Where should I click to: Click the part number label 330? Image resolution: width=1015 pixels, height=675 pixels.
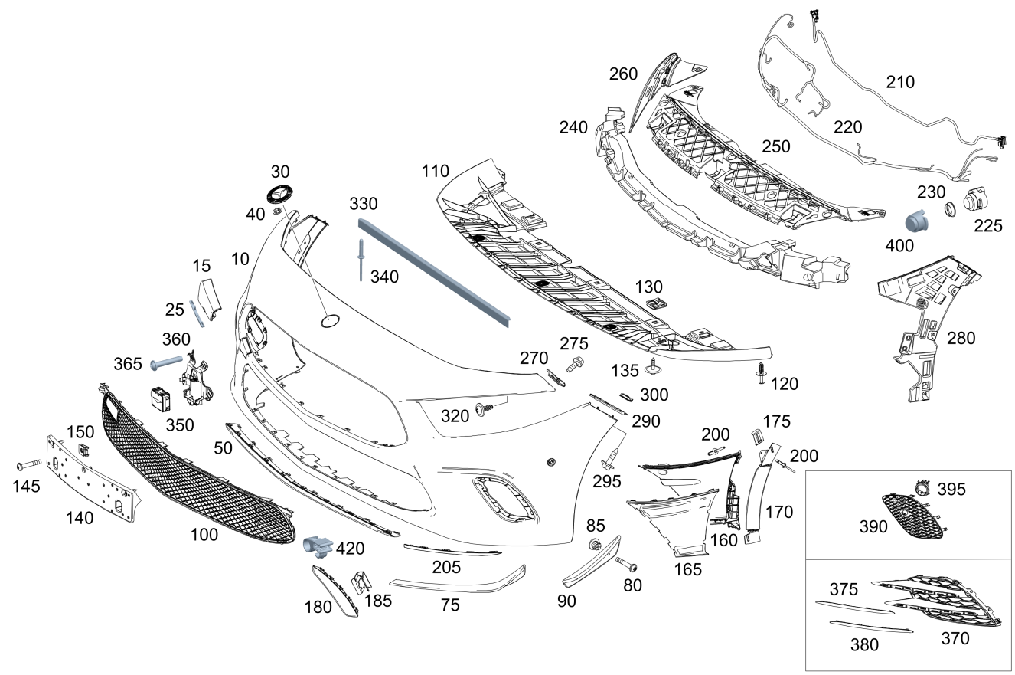[x=364, y=204]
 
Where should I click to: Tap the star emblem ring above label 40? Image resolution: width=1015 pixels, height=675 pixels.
[x=280, y=193]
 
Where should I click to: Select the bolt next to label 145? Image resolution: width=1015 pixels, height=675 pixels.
[x=28, y=465]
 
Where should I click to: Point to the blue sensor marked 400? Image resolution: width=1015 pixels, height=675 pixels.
[x=916, y=221]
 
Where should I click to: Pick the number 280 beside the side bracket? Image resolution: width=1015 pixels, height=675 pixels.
[x=961, y=338]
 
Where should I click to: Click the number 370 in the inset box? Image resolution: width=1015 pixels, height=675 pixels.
[x=955, y=637]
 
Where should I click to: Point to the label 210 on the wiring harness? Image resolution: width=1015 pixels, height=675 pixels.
[x=899, y=82]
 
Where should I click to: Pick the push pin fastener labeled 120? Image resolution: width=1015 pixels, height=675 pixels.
[x=760, y=373]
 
